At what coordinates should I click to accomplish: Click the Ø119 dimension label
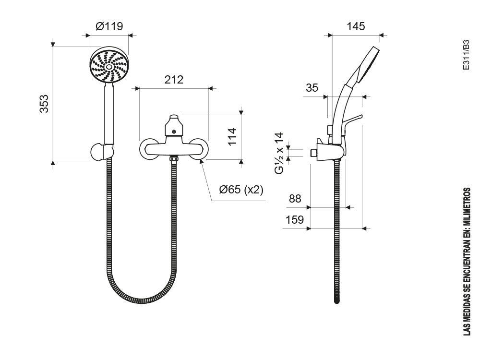pyautogui.click(x=109, y=26)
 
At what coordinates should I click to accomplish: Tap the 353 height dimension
pyautogui.click(x=44, y=104)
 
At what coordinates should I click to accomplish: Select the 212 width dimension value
pyautogui.click(x=174, y=80)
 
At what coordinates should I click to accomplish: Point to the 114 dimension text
pyautogui.click(x=233, y=136)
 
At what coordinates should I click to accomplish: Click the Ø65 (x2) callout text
pyautogui.click(x=241, y=190)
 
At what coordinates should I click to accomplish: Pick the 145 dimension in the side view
pyautogui.click(x=356, y=26)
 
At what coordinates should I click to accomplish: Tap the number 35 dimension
pyautogui.click(x=312, y=88)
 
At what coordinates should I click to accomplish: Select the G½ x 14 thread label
pyautogui.click(x=279, y=154)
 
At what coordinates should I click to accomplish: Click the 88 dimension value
pyautogui.click(x=295, y=199)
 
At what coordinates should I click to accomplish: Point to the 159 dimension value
pyautogui.click(x=295, y=220)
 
